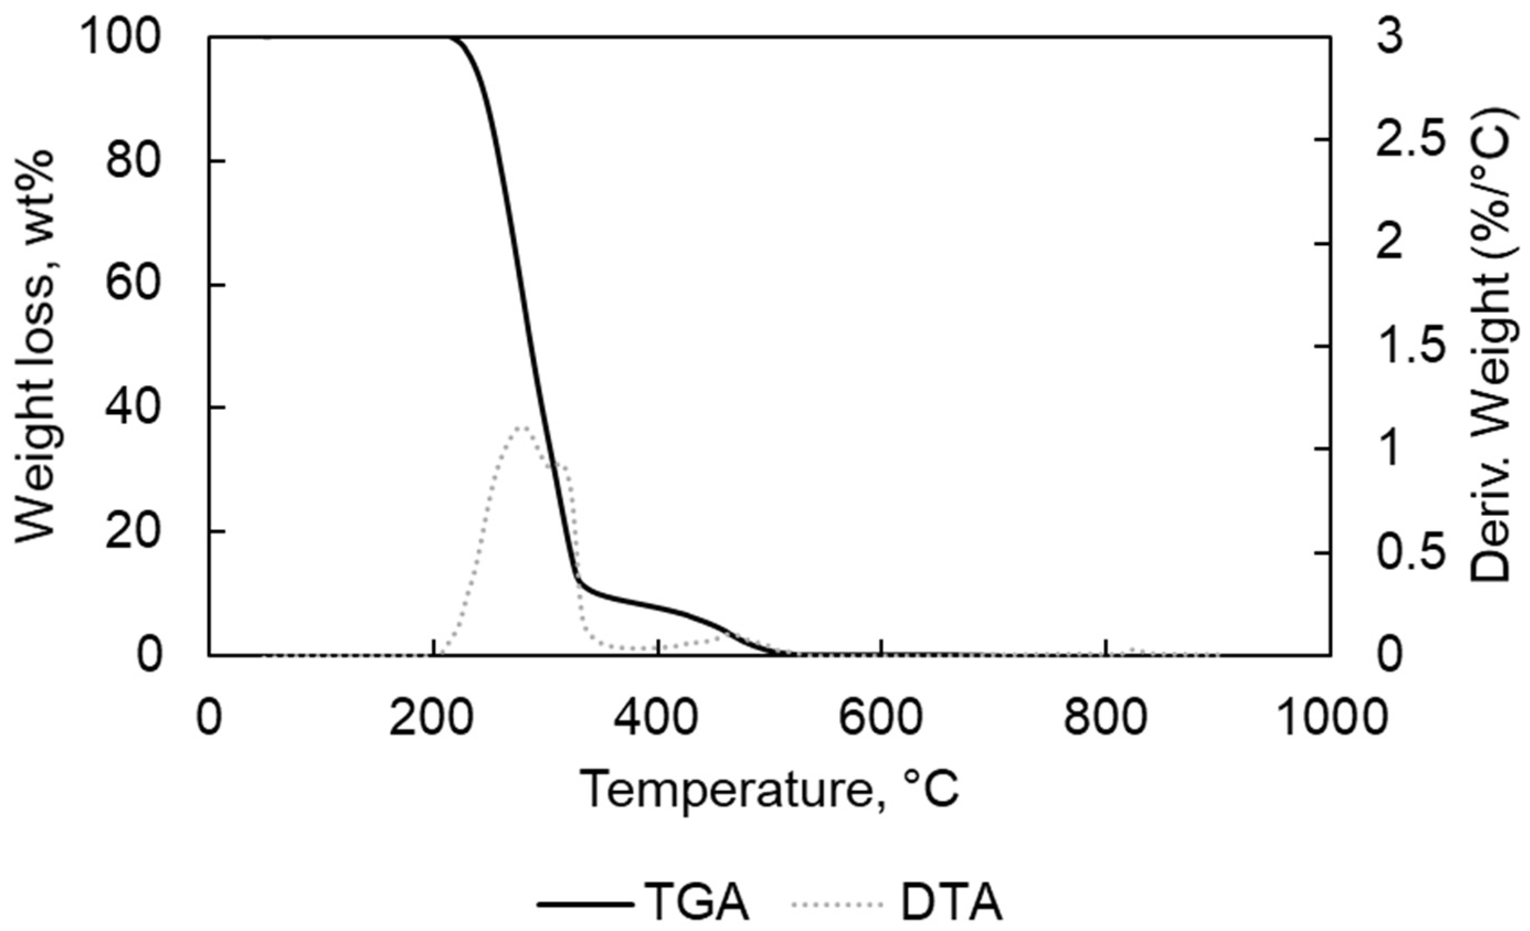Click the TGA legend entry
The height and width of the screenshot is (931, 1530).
click(x=643, y=904)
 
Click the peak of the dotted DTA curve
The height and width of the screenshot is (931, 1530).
click(x=523, y=427)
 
